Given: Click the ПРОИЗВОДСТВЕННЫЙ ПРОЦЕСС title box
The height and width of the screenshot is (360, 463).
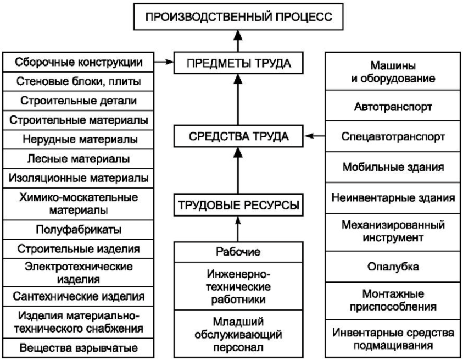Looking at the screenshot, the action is [238, 16].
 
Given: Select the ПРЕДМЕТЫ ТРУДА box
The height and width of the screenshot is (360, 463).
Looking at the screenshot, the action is [238, 63].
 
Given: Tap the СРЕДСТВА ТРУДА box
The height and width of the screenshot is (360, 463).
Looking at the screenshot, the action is [238, 136].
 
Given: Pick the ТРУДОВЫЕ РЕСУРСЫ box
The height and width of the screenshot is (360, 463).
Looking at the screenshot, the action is [238, 205].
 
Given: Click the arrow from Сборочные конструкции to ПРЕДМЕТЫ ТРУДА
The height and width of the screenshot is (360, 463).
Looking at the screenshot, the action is [164, 62].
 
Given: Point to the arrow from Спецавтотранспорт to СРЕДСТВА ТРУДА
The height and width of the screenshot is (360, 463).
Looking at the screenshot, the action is [315, 136].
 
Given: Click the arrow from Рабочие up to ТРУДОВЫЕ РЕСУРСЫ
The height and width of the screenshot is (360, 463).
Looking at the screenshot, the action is [238, 229].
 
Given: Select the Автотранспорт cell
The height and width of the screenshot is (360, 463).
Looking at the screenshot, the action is [393, 106].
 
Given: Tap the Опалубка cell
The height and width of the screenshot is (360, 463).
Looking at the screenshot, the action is [393, 267].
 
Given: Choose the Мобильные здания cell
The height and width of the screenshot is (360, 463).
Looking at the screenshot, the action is [393, 167].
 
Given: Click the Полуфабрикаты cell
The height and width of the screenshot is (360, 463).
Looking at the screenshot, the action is [78, 230].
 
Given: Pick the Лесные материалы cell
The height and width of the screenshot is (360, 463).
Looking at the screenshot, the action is [78, 159].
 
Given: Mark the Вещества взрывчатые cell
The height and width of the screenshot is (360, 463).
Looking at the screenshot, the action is [78, 348].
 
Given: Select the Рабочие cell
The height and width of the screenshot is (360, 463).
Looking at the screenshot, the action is [238, 252].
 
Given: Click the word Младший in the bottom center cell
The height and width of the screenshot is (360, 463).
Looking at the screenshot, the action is [238, 322].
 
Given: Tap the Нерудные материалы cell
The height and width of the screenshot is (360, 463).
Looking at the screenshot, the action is [78, 139].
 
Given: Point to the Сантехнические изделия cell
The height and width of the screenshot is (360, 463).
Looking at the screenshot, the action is [78, 296].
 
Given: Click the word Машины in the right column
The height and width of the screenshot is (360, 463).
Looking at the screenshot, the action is [393, 65].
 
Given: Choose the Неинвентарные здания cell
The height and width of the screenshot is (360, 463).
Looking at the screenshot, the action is [393, 197].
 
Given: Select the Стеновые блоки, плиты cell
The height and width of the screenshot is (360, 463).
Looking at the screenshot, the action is [78, 81].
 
